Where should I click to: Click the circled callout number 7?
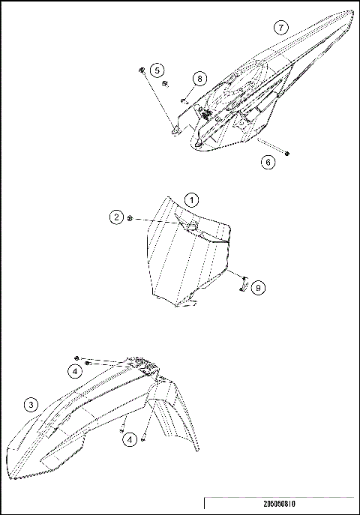pyautogui.click(x=280, y=28)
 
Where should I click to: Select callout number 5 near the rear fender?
pyautogui.click(x=157, y=70)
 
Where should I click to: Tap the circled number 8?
pyautogui.click(x=199, y=79)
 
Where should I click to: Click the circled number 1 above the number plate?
pyautogui.click(x=191, y=200)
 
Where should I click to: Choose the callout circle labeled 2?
pyautogui.click(x=115, y=217)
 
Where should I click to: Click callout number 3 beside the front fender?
pyautogui.click(x=31, y=406)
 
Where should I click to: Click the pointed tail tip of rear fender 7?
pyautogui.click(x=351, y=13)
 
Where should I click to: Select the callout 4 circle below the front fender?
pyautogui.click(x=132, y=440)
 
